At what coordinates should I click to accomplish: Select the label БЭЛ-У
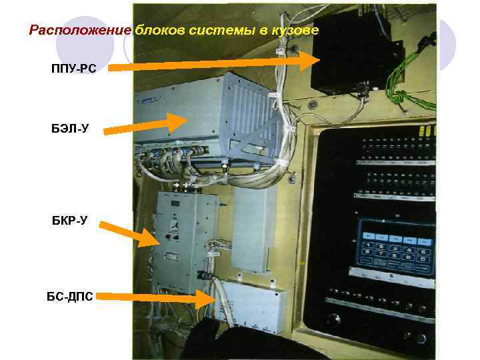[69, 128]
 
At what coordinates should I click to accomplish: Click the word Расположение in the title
[80, 31]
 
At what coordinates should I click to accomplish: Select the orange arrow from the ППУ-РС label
[213, 63]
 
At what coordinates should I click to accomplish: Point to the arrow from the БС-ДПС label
[160, 298]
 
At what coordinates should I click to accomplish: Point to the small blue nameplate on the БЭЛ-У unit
[161, 98]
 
